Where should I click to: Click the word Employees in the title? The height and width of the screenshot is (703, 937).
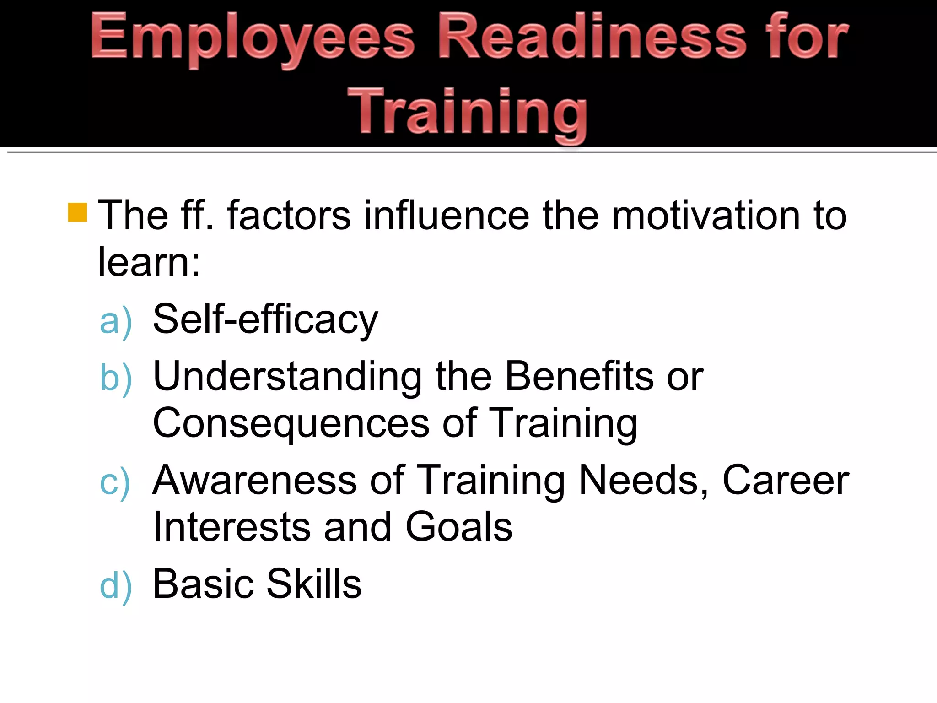coord(253,38)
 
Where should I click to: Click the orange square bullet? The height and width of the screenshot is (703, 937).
coord(77,212)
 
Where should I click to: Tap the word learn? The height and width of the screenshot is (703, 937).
coord(149,262)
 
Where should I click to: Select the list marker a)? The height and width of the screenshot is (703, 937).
coord(116,321)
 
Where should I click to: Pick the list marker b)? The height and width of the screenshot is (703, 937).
coord(116,378)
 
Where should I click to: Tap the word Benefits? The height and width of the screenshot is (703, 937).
coord(579,376)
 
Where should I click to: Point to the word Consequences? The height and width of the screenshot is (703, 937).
coord(291,424)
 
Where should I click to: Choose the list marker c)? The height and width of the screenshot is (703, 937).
coord(115,482)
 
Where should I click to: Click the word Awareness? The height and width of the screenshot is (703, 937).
coord(255,480)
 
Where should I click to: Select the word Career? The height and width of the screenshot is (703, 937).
coord(786,480)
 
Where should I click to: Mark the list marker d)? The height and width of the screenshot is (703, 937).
coord(116,586)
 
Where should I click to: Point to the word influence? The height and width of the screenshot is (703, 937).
coord(447,215)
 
